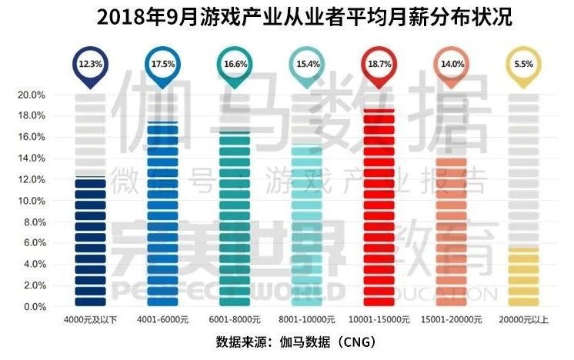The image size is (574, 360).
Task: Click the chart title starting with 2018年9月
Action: pos(286,17)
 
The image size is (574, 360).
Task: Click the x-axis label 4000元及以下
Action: pos(90,318)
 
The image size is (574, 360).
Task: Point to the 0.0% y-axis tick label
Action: pos(31,307)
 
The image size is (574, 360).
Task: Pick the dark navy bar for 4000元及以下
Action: pos(90,242)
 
